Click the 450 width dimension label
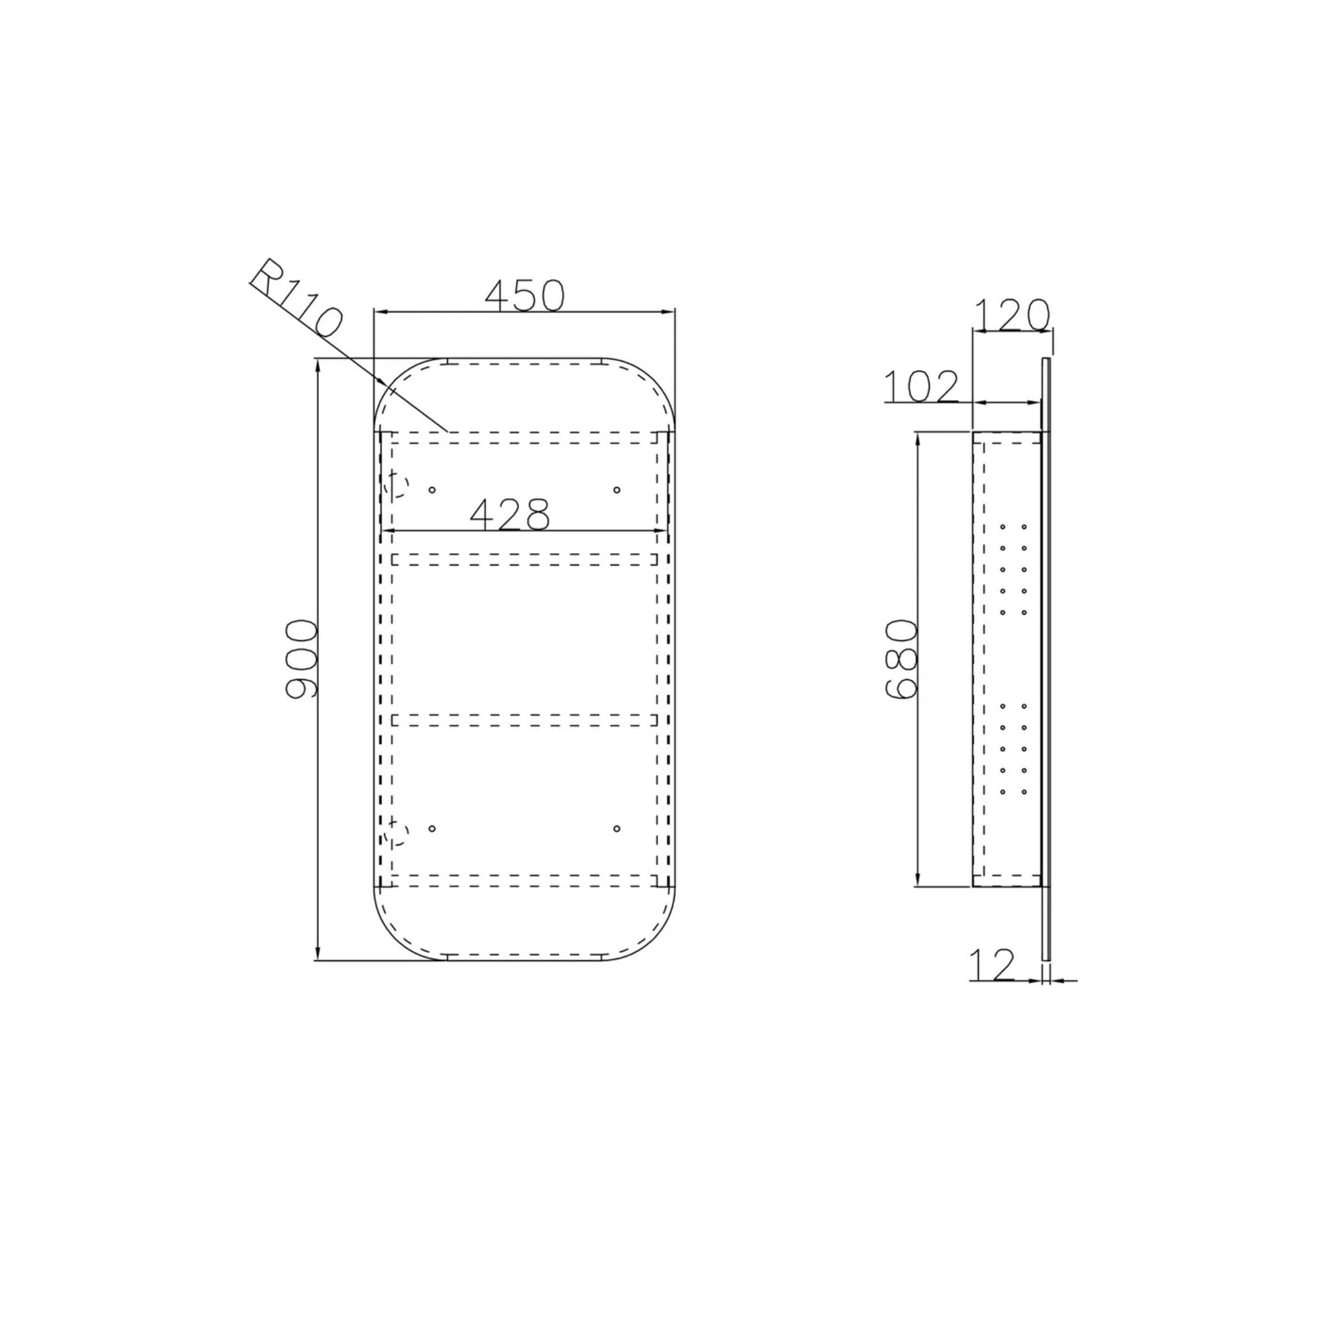point(525,295)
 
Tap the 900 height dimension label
point(301,659)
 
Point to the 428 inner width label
point(510,514)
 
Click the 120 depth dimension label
point(1012,315)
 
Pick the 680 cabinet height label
point(900,659)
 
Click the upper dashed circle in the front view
point(396,486)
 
